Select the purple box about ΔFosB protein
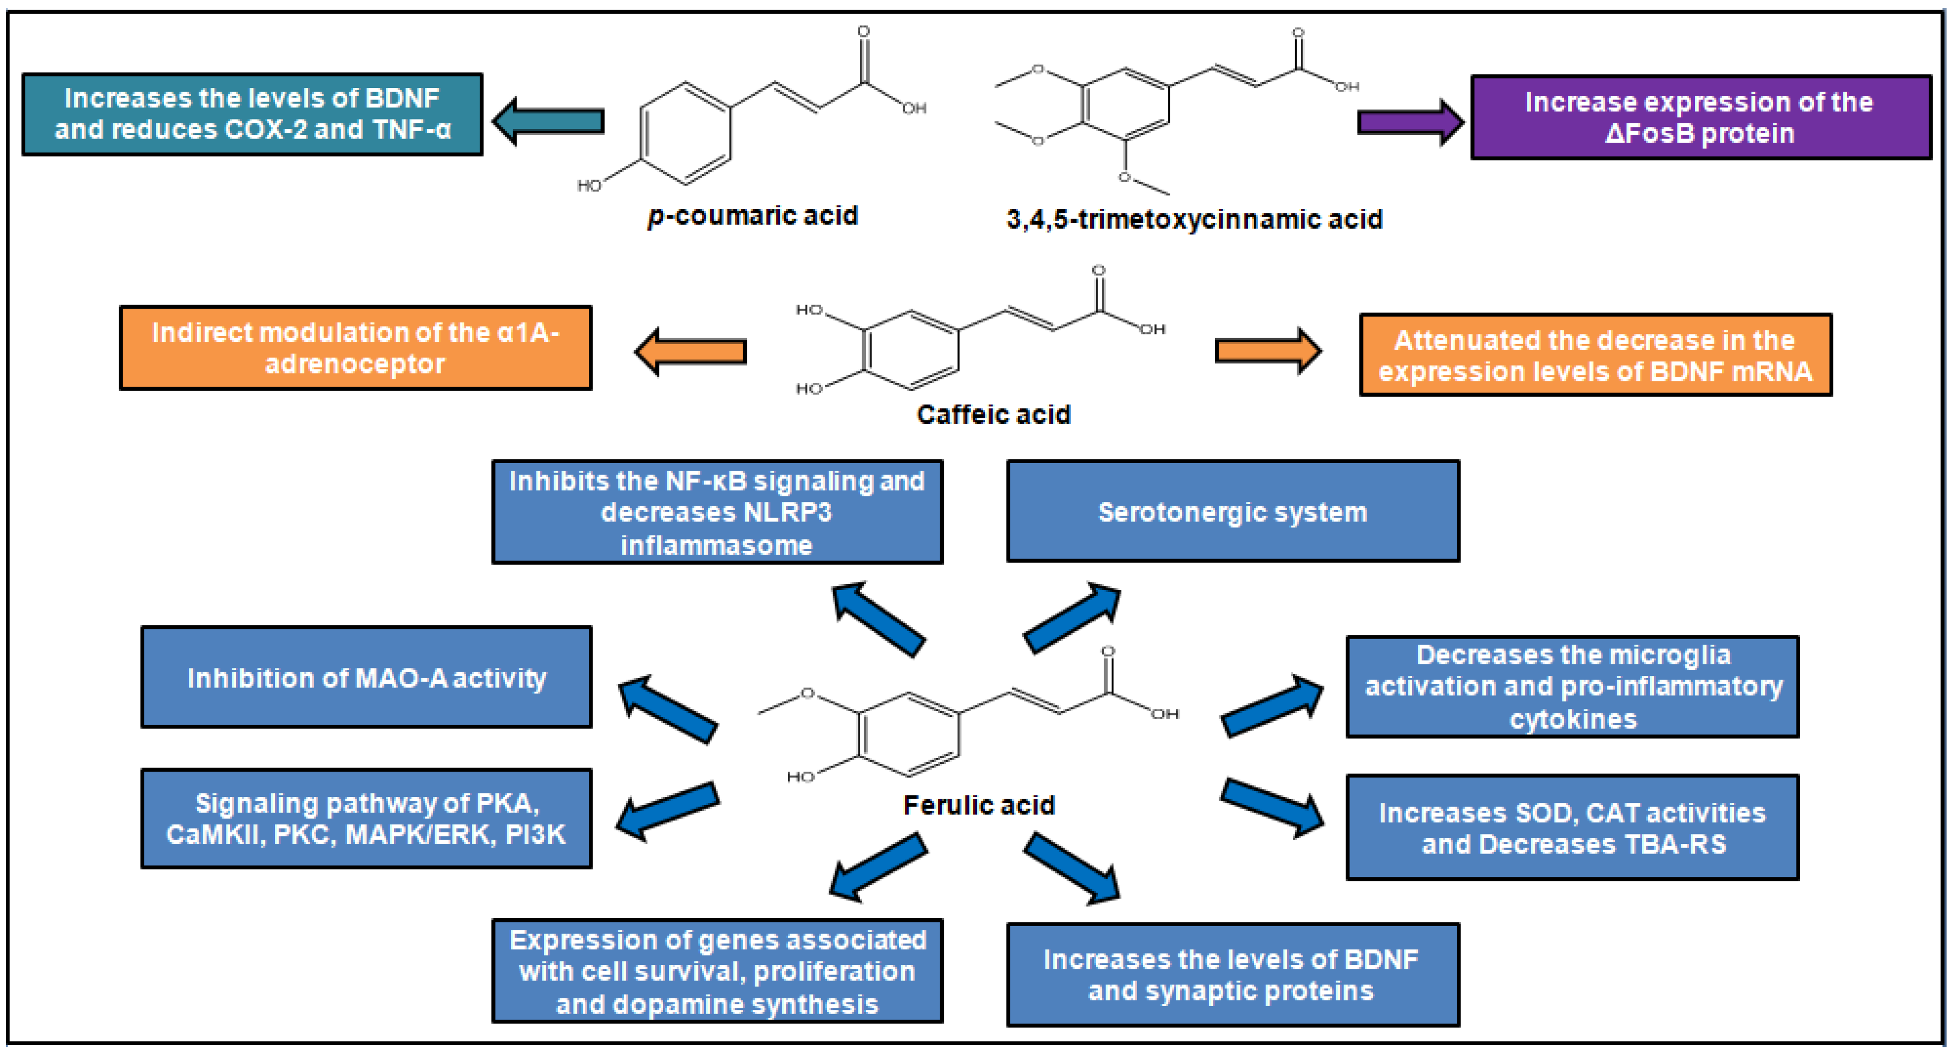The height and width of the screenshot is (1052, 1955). click(x=1700, y=117)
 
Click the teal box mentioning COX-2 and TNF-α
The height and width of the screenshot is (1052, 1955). click(x=252, y=114)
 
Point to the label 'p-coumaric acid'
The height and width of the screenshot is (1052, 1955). click(x=752, y=215)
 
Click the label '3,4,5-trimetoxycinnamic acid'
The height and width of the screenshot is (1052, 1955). click(x=1194, y=219)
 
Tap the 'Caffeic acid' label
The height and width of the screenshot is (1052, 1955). click(x=993, y=415)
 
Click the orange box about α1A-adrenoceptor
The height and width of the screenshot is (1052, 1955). click(x=355, y=348)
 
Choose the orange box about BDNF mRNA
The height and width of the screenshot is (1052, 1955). click(x=1595, y=355)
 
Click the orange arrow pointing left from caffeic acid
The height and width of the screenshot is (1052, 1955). click(x=690, y=351)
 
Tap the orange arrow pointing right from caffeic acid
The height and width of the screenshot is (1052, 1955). click(x=1267, y=351)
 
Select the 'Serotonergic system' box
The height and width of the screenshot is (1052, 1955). click(x=1232, y=511)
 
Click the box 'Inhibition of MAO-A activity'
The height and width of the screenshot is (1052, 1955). click(x=366, y=677)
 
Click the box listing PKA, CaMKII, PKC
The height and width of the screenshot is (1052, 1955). click(x=366, y=818)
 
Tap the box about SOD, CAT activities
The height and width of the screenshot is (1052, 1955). click(x=1572, y=828)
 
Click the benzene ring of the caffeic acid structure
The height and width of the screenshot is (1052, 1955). click(x=911, y=350)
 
